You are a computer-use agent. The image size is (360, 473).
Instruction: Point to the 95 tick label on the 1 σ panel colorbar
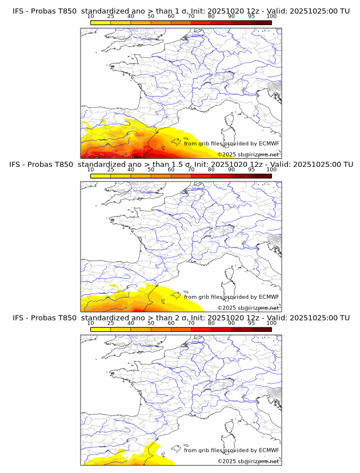251,16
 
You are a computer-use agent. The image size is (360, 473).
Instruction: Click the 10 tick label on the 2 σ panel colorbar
91,323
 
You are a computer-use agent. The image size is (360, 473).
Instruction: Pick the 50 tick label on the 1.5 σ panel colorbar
151,169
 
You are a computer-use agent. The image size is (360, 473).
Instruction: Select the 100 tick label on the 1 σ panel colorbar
271,16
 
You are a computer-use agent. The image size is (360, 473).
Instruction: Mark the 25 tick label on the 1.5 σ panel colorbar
111,169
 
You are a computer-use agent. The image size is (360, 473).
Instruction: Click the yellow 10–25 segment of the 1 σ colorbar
101,22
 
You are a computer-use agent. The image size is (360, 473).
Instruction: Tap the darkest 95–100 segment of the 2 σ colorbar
261,330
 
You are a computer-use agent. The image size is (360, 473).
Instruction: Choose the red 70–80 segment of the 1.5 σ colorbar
201,176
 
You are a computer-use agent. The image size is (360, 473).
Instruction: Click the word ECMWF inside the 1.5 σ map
269,297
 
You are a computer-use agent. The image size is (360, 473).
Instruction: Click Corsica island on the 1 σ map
230,119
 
